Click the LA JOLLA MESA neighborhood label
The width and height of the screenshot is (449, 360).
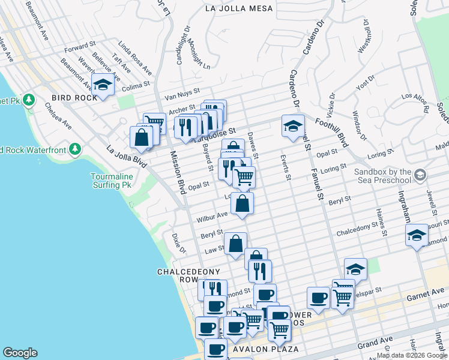[x=238, y=8]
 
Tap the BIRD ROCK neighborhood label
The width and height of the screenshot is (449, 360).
[x=74, y=98]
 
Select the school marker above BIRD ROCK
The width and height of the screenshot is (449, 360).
[x=103, y=86]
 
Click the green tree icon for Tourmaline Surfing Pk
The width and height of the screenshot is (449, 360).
[x=74, y=149]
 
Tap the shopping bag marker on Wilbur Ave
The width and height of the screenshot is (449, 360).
[x=242, y=204]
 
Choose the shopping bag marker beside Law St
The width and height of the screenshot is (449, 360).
[x=235, y=244]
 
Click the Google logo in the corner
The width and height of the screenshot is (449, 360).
[x=20, y=353]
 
